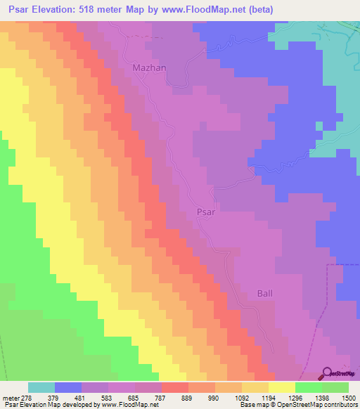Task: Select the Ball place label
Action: click(x=264, y=293)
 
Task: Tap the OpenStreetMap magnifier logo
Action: click(x=326, y=373)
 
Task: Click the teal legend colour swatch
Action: click(x=41, y=387)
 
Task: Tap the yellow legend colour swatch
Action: click(x=281, y=387)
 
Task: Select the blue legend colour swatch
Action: click(x=68, y=387)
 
